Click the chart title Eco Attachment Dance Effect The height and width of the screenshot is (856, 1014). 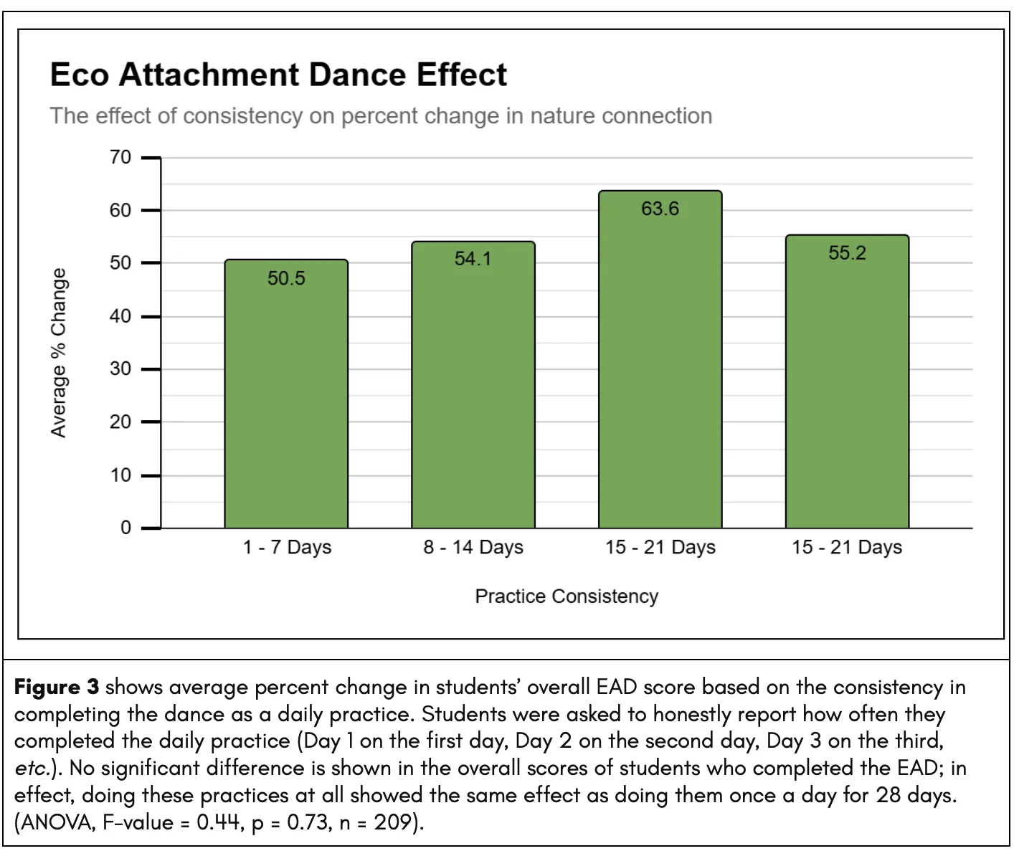[278, 75]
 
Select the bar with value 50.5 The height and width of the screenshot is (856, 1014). [286, 394]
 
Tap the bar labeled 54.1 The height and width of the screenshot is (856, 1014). [473, 385]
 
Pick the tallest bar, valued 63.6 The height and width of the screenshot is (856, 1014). [660, 359]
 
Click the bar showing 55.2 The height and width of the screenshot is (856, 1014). [847, 381]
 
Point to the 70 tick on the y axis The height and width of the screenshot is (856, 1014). [120, 158]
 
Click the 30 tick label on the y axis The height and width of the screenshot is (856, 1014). [120, 369]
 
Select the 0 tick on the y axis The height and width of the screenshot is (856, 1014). [125, 528]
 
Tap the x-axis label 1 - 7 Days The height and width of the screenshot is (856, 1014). [287, 548]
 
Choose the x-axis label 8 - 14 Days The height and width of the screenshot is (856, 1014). [473, 548]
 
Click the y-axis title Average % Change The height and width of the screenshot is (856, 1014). [59, 353]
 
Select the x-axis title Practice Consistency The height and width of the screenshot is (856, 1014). [567, 596]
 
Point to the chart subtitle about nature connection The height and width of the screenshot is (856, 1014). [381, 116]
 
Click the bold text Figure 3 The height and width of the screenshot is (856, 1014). [57, 688]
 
